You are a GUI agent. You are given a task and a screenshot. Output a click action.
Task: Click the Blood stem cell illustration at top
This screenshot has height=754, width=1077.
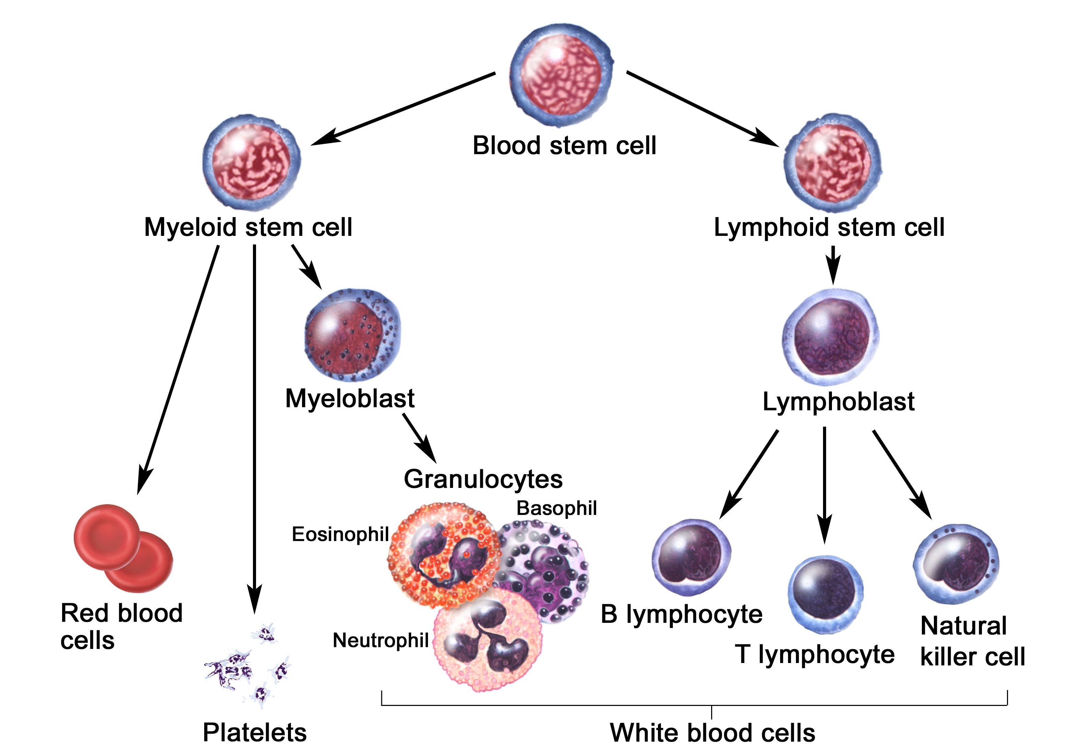click(x=561, y=75)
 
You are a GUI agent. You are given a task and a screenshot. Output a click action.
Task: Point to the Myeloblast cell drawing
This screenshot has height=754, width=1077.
click(x=353, y=336)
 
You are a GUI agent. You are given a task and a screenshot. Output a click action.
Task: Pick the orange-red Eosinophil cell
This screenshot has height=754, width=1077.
click(x=439, y=553)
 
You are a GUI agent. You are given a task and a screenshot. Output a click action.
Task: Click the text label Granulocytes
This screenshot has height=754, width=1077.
click(x=483, y=479)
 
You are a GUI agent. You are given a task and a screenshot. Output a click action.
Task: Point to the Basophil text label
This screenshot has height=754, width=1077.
click(x=557, y=509)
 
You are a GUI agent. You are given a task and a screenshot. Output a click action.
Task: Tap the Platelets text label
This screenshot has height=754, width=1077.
click(x=255, y=732)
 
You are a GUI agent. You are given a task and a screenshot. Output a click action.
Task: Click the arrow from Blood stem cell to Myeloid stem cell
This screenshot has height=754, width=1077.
click(x=403, y=109)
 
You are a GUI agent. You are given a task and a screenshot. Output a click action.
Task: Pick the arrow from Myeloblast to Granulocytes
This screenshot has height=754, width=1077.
click(x=419, y=438)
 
